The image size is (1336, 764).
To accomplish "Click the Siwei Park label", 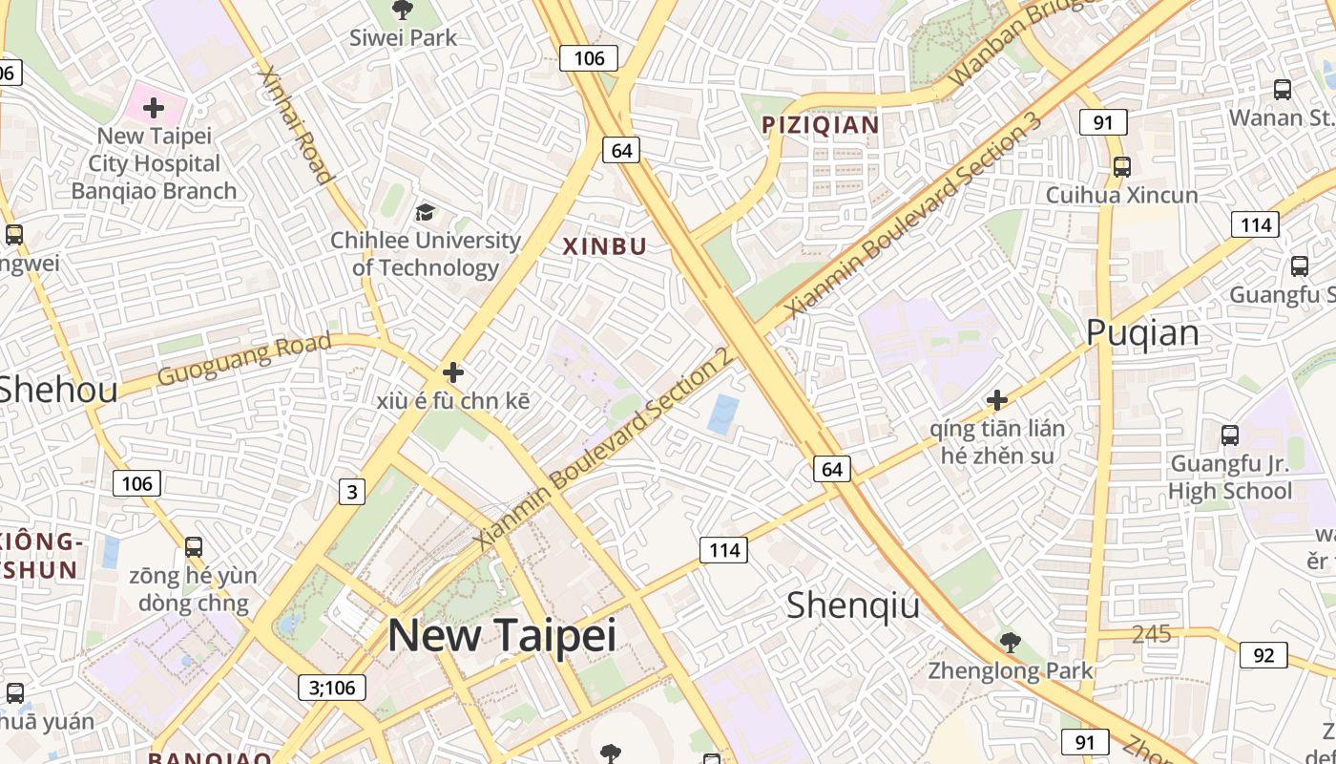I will click(x=403, y=38).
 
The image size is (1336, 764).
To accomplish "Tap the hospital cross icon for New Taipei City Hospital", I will click(x=153, y=108).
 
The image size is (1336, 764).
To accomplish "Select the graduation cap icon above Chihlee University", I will click(x=425, y=212).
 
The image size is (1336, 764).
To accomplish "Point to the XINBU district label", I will click(x=605, y=246).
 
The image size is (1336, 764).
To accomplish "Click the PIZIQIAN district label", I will click(x=820, y=125).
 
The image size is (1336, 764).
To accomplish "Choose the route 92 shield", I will click(x=1263, y=655).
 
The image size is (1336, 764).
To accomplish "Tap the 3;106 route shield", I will click(x=332, y=687).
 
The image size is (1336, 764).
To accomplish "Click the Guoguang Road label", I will click(x=244, y=358).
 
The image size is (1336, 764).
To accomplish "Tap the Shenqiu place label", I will click(x=853, y=605).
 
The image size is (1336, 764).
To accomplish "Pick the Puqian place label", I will click(x=1142, y=332).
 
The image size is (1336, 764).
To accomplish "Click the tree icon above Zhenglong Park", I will click(x=1010, y=643).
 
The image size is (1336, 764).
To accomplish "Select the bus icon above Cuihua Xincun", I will click(x=1122, y=167).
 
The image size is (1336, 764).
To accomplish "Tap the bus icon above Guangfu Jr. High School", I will click(x=1230, y=436).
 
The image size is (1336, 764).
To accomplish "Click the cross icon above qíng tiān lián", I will click(x=997, y=399).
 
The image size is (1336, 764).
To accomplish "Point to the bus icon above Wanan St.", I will click(x=1283, y=90).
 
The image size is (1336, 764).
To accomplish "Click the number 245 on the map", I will click(x=1151, y=634).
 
